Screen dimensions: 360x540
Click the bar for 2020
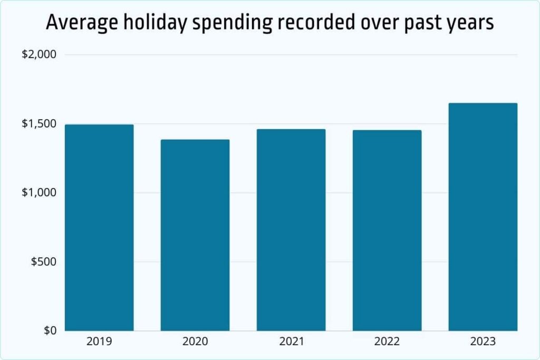coord(195,235)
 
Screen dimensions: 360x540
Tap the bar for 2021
coord(291,230)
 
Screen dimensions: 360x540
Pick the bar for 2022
coord(387,230)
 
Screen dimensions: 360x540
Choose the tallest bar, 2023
coord(483,217)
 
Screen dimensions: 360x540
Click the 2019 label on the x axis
coord(99,342)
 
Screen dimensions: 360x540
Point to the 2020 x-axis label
coord(195,342)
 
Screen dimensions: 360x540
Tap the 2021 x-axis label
coord(291,342)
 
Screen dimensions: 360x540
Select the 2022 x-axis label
coord(387,342)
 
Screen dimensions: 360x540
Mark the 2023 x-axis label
coord(483,342)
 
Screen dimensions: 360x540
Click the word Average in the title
coord(79,23)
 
